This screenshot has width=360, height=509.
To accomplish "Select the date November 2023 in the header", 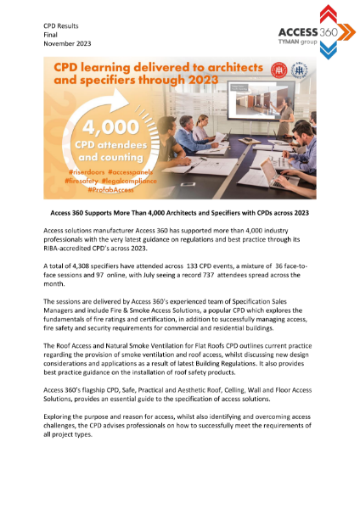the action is (x=67, y=44).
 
